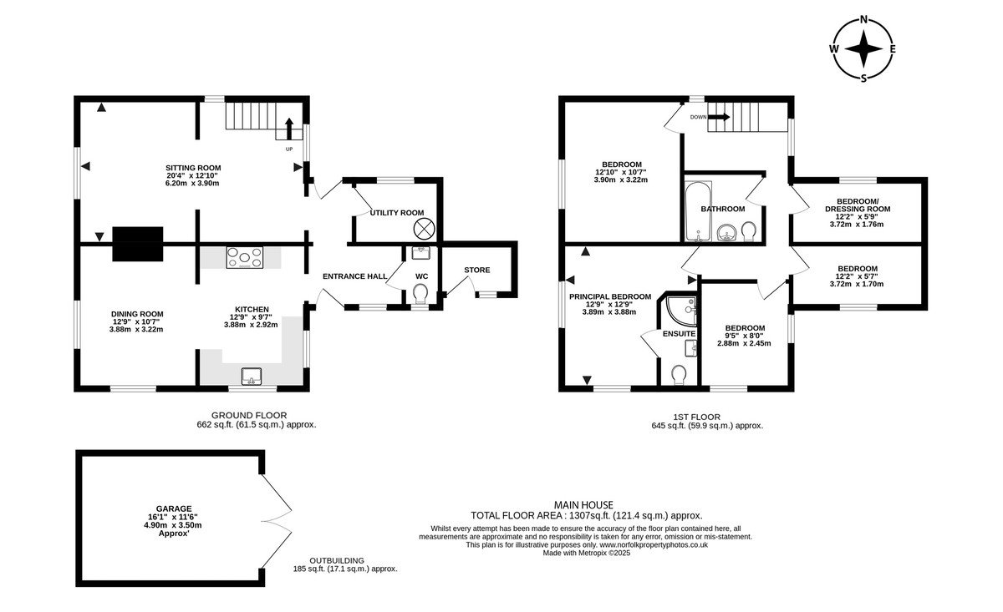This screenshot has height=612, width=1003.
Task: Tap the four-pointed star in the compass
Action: (x=864, y=49)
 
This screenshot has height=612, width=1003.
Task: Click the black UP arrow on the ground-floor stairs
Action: (x=289, y=129)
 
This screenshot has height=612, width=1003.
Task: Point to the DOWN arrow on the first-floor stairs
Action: (x=719, y=117)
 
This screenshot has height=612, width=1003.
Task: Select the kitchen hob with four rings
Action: (x=244, y=258)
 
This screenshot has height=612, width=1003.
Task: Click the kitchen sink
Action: (x=252, y=377)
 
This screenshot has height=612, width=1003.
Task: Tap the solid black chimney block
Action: (x=137, y=244)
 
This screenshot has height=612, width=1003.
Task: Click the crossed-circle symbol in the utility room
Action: (x=424, y=229)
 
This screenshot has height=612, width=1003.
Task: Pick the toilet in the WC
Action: (x=420, y=294)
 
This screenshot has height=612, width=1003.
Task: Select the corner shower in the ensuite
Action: (x=681, y=311)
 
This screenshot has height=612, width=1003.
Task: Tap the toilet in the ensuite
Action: (x=680, y=375)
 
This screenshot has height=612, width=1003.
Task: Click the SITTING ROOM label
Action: (x=193, y=168)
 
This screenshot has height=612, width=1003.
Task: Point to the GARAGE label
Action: (x=174, y=508)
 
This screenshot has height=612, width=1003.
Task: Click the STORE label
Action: (x=477, y=270)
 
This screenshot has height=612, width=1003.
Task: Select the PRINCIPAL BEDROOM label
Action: (x=610, y=296)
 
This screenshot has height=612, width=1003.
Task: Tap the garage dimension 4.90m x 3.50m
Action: (x=173, y=525)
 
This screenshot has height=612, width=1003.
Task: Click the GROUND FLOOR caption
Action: (x=249, y=415)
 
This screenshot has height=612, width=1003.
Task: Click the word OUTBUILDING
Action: (x=337, y=560)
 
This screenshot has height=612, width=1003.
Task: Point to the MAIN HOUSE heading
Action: (x=583, y=505)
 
